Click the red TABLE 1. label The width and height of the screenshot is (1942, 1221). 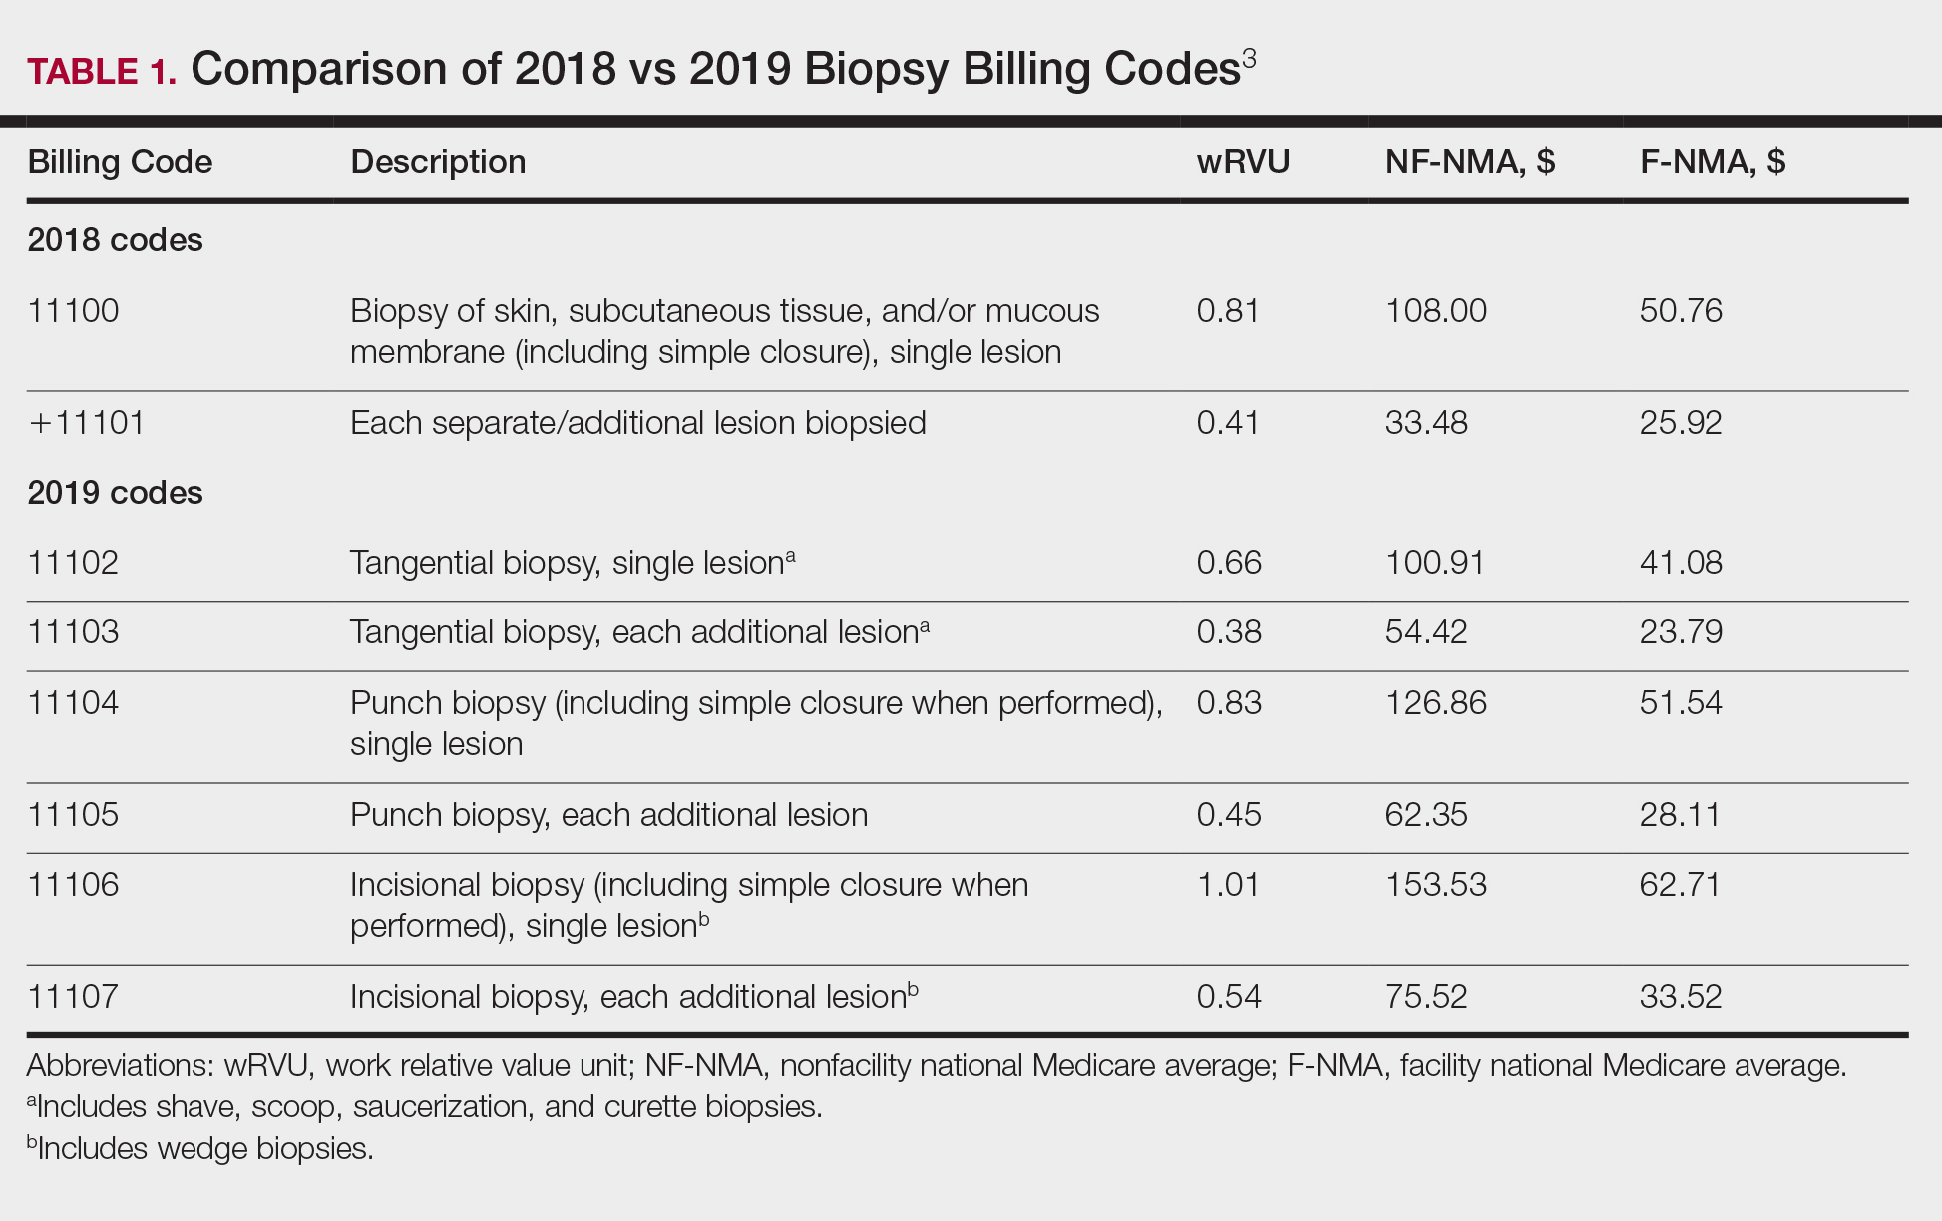(101, 71)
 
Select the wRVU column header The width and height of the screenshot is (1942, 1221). (1243, 162)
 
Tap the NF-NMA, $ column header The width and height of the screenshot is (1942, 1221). (1469, 162)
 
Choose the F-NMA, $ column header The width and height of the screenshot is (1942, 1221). (1712, 162)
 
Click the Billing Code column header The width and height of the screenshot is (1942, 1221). (120, 162)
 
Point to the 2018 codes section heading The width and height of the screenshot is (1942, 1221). (115, 240)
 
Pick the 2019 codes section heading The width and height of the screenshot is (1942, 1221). (115, 493)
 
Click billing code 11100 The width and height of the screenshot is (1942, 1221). (73, 311)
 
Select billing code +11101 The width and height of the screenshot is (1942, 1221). (87, 423)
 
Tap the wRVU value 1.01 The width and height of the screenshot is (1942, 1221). (1228, 885)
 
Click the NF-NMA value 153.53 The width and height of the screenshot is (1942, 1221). (1435, 885)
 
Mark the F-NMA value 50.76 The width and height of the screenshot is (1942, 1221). (1681, 311)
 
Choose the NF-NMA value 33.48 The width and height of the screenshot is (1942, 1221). (1426, 423)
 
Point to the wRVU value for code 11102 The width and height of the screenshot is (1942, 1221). (1229, 563)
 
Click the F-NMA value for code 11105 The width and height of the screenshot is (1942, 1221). (1681, 815)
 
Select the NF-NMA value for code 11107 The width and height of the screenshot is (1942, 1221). (1426, 997)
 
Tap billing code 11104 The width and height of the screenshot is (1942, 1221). (73, 703)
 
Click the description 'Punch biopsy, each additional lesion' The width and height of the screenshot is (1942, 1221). (608, 815)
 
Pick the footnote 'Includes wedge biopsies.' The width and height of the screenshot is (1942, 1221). (204, 1149)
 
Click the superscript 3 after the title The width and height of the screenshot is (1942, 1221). (1249, 59)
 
